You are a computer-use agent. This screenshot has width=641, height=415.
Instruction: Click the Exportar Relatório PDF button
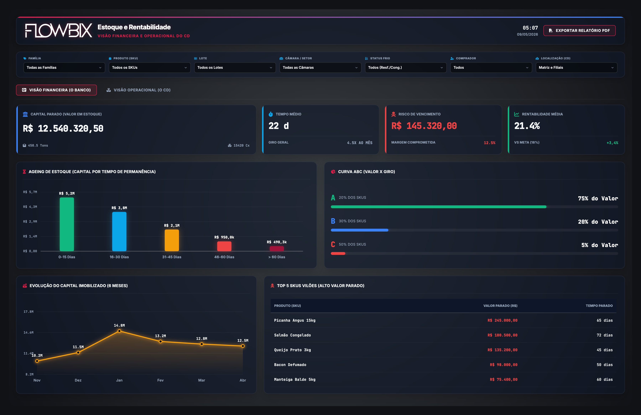point(579,30)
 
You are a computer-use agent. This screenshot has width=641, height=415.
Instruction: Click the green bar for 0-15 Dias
point(67,224)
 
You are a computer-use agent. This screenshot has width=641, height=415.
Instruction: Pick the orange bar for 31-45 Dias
point(172,240)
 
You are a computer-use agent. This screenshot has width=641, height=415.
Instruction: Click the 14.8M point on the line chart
point(119,331)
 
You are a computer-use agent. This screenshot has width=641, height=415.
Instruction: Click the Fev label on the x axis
point(161,380)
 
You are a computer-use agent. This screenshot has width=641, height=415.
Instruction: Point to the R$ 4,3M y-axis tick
point(30,207)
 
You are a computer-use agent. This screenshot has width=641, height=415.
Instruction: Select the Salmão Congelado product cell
point(293,335)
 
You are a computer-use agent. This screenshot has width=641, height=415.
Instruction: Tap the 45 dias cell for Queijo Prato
point(605,350)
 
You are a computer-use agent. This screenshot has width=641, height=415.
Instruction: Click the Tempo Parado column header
point(599,306)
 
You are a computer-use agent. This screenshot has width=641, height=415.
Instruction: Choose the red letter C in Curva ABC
point(333,244)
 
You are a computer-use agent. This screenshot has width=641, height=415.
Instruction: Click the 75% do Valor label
point(598,199)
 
